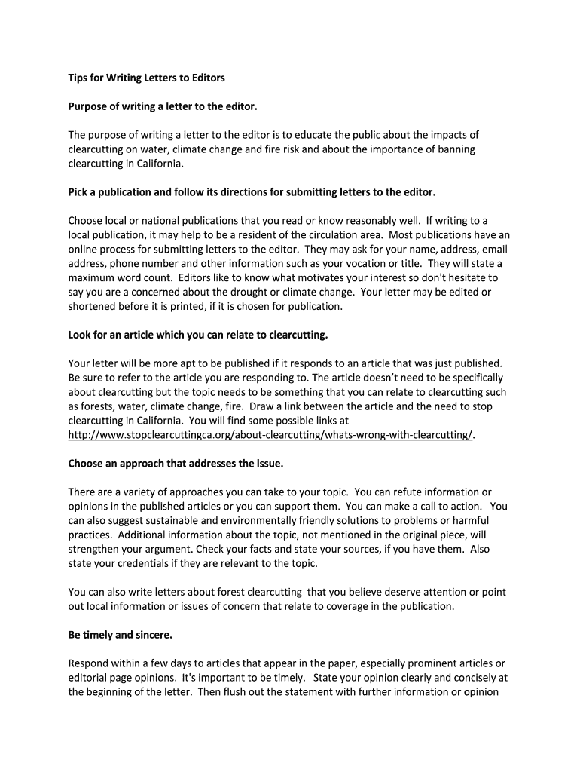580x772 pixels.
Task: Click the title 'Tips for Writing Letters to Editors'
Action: pos(146,78)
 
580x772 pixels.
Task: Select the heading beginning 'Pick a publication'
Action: pos(252,192)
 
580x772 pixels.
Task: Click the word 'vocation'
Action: pos(381,263)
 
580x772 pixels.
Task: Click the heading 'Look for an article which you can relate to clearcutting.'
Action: pos(198,334)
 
